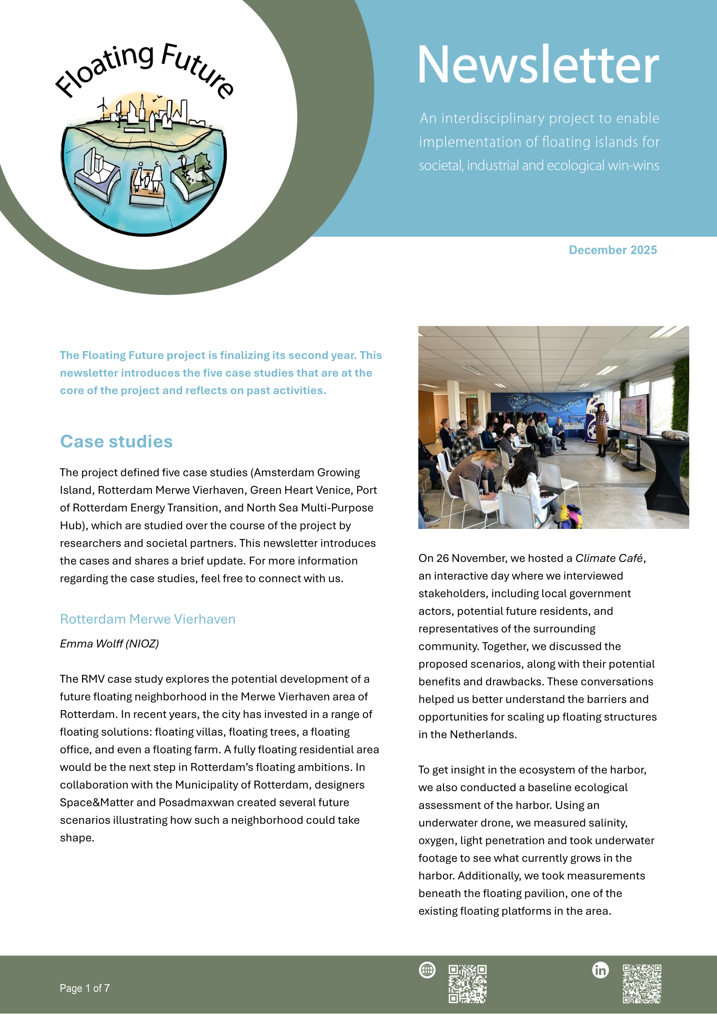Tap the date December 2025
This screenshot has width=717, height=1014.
[613, 250]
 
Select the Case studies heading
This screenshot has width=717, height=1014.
[116, 441]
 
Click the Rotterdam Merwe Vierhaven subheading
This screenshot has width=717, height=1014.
[147, 619]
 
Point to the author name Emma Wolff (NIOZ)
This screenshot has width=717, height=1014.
[109, 643]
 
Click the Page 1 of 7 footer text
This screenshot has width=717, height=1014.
[85, 988]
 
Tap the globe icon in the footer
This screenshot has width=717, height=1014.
[427, 970]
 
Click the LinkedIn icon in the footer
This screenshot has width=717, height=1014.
[600, 970]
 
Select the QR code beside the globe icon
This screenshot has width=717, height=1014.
[468, 984]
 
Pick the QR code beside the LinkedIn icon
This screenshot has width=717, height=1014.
[642, 984]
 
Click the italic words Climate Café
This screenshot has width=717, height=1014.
[608, 558]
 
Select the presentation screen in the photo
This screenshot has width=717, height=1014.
[634, 414]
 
